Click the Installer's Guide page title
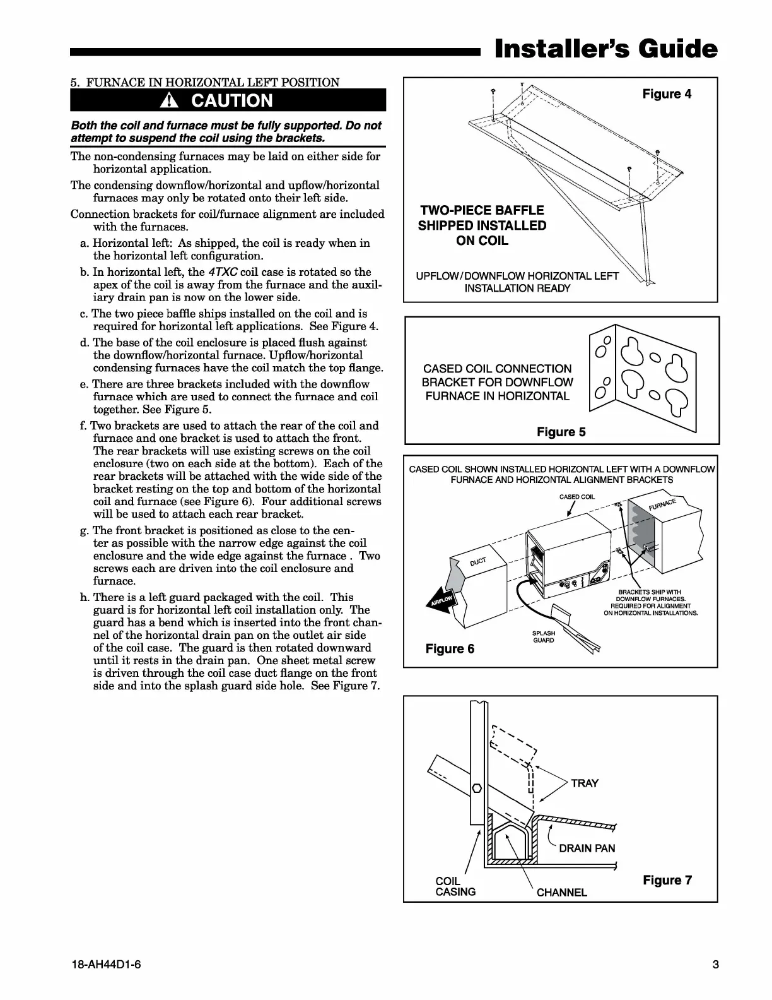point(605,49)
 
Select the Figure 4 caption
point(667,94)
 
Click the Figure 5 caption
point(561,432)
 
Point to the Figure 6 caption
point(450,648)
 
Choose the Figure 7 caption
point(667,880)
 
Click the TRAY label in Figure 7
point(584,783)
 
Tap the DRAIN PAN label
point(587,848)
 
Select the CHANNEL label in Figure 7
point(561,892)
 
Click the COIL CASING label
point(455,886)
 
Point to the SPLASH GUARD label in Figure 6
point(544,636)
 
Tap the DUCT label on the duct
point(477,562)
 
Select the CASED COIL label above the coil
point(576,497)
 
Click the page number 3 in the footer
point(715,964)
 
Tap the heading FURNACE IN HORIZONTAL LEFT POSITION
point(213,82)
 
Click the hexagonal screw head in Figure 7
point(477,788)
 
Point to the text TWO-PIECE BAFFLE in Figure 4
point(482,210)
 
